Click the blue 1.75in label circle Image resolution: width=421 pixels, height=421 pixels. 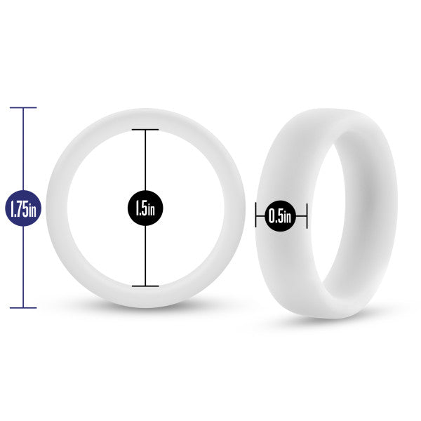(x=23, y=208)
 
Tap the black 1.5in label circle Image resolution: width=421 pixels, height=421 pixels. (x=145, y=208)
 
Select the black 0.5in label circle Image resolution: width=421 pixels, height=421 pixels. (x=280, y=216)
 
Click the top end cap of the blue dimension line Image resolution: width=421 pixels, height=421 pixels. (x=23, y=107)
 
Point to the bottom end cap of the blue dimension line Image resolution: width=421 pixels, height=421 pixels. (x=23, y=308)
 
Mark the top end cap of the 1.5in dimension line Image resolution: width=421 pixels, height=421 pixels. (x=145, y=130)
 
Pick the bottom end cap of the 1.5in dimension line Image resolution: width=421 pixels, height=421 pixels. (x=145, y=286)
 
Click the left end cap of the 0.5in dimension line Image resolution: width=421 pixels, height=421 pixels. (x=256, y=215)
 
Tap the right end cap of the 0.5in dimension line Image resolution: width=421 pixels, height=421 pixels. (x=307, y=215)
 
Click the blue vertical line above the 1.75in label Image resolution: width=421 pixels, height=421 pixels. (x=23, y=149)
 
